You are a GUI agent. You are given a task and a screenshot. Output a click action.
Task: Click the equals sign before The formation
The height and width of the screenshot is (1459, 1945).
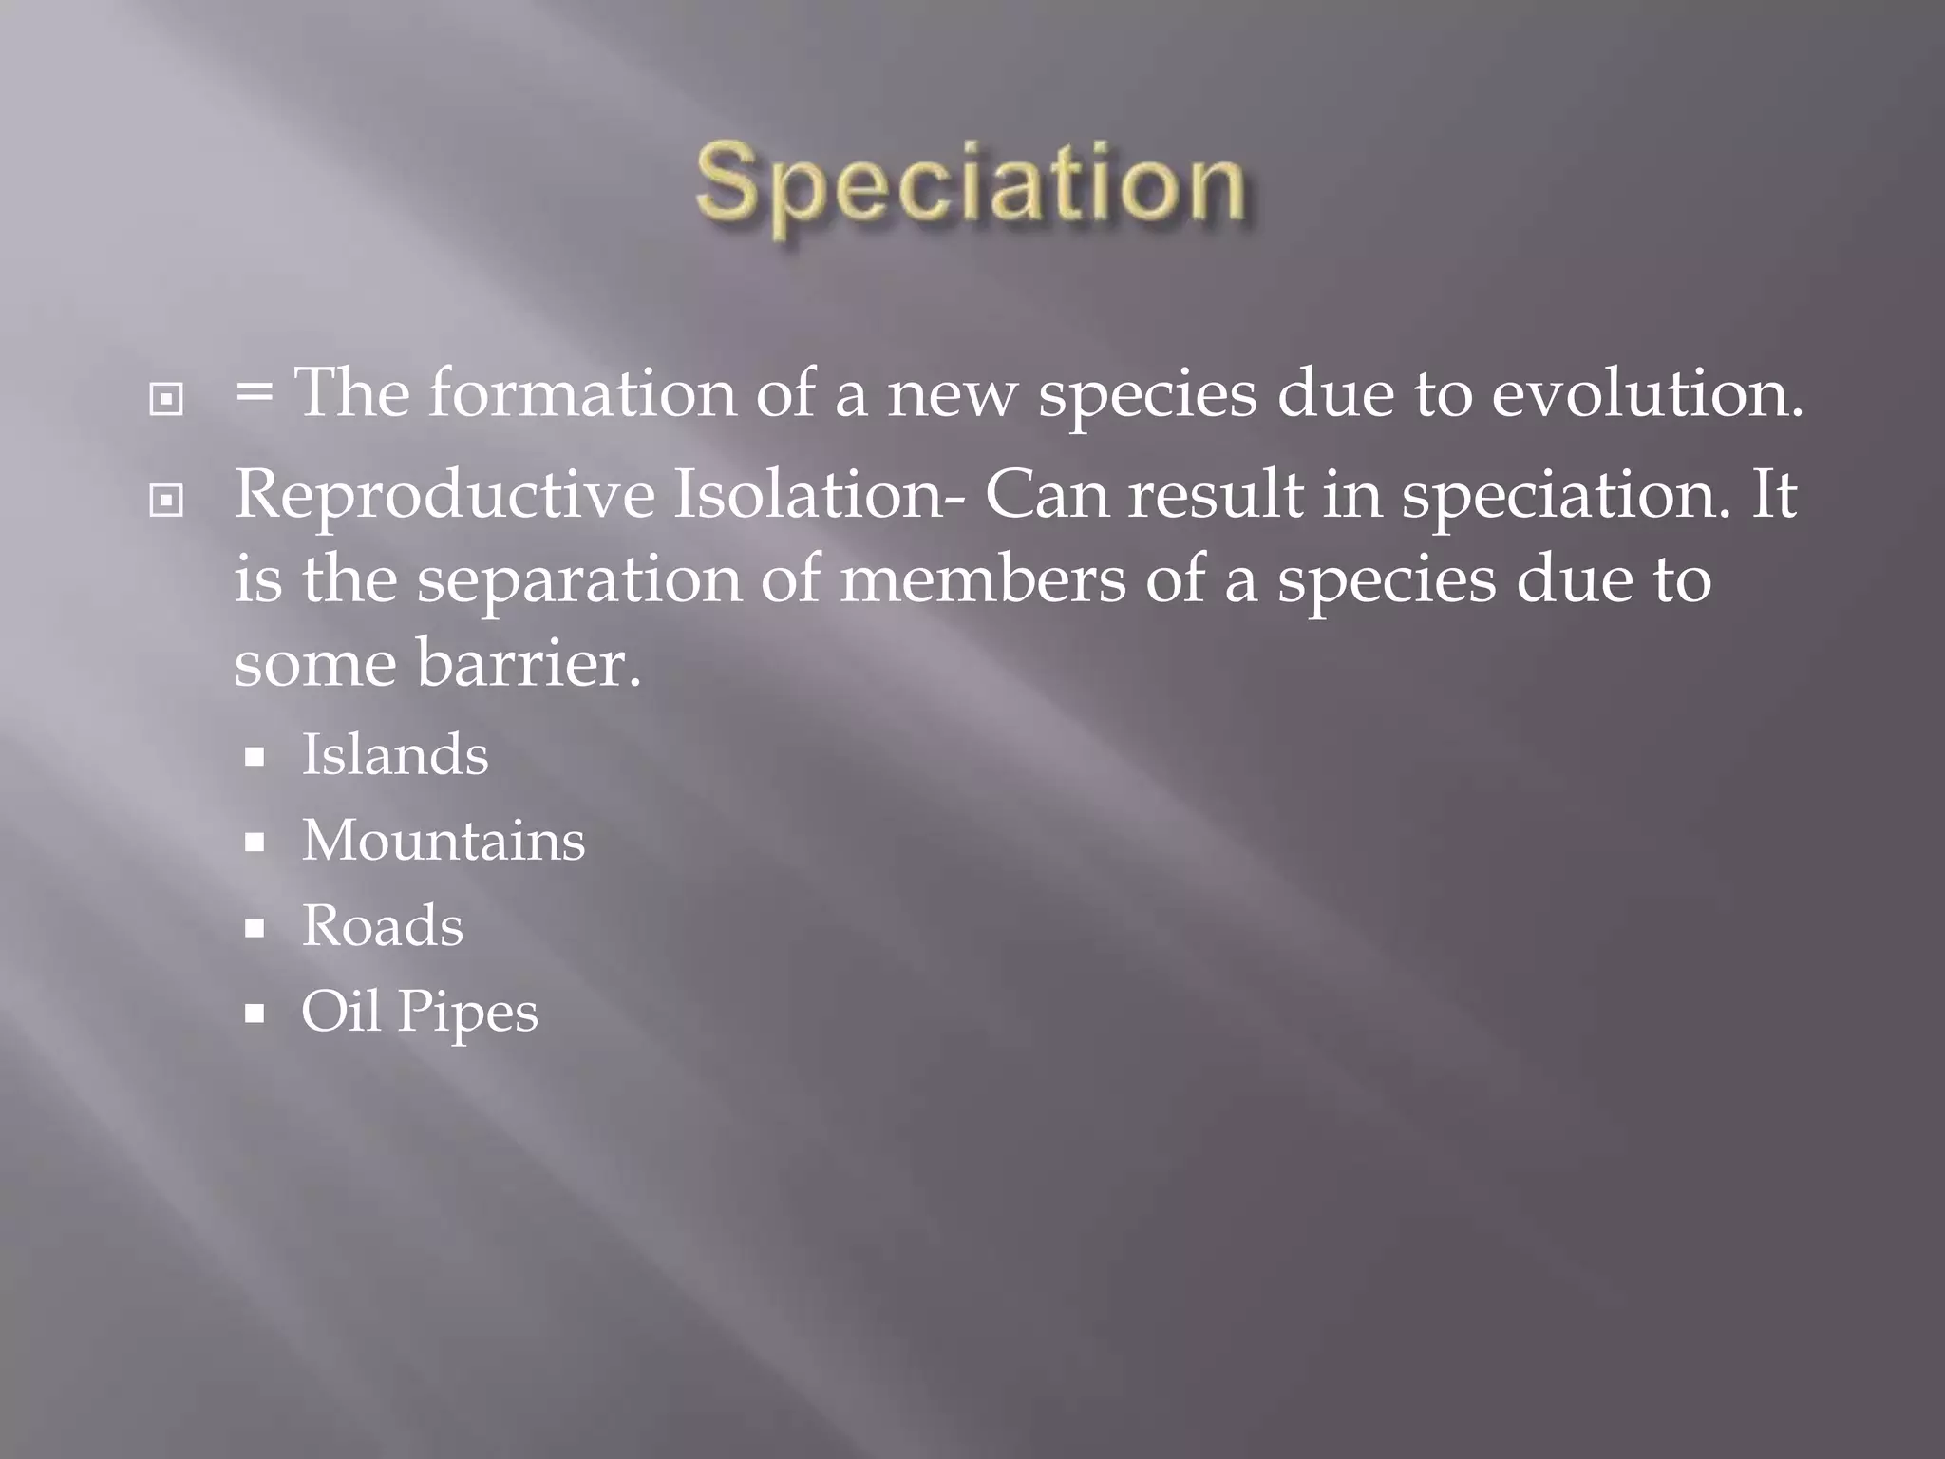tap(254, 392)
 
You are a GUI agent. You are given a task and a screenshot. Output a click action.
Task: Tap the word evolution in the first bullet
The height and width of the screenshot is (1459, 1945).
tap(1646, 392)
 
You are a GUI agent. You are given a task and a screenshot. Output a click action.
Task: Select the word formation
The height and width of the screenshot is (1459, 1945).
tap(582, 392)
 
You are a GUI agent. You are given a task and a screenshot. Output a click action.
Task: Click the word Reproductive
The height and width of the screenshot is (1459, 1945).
tap(444, 495)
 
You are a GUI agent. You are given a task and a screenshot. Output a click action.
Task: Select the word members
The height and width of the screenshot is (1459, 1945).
tap(982, 578)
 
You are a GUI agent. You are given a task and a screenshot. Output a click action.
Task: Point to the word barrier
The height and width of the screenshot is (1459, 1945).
tap(529, 662)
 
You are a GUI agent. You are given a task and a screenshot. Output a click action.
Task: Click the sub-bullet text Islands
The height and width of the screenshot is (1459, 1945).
tap(395, 754)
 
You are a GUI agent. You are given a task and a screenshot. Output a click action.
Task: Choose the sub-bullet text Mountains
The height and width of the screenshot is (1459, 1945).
tap(444, 840)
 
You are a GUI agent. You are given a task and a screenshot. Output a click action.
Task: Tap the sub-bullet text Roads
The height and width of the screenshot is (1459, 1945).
tap(383, 925)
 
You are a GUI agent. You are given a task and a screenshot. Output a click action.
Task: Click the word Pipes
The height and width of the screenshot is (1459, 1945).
tap(467, 1013)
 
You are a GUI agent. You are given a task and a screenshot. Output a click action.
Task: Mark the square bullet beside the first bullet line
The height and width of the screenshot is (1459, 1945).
tap(166, 400)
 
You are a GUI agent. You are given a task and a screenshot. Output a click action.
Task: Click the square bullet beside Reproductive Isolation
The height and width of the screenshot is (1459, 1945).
tap(166, 500)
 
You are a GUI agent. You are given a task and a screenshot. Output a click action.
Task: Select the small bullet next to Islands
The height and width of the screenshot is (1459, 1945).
tap(254, 757)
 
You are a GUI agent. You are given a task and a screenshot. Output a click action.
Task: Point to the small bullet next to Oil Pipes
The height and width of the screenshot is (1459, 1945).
tap(254, 1014)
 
